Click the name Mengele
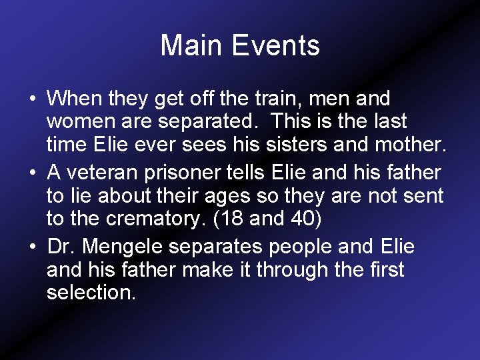click(132, 247)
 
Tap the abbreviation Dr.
click(61, 247)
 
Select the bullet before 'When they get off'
click(32, 99)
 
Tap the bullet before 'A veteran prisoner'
click(32, 173)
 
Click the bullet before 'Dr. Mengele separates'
click(32, 247)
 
